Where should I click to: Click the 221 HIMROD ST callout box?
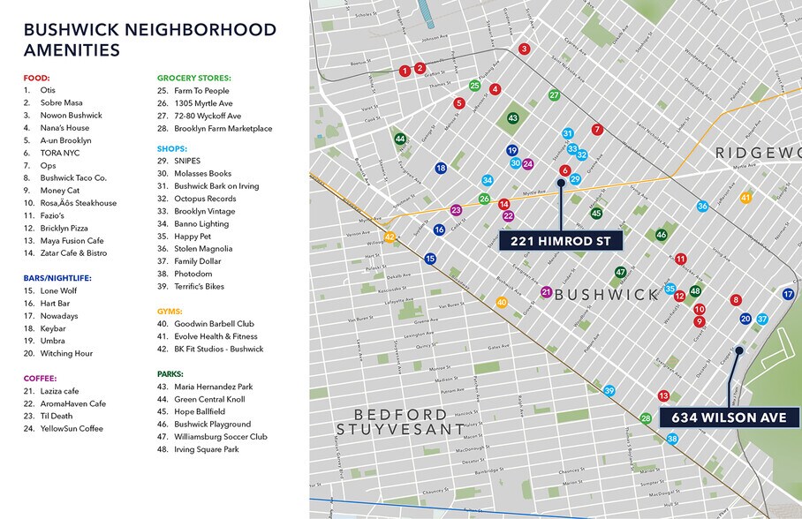click(x=560, y=241)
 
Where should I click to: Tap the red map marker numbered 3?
click(x=524, y=49)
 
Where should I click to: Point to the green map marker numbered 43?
click(x=512, y=118)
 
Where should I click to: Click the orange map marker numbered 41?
click(x=745, y=198)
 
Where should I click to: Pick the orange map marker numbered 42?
click(x=389, y=237)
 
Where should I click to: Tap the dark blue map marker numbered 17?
click(x=788, y=294)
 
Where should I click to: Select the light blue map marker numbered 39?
click(x=609, y=391)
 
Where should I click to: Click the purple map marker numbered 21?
click(x=546, y=292)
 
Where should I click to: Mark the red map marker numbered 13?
click(x=663, y=395)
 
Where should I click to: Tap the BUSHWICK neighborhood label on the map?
click(x=607, y=294)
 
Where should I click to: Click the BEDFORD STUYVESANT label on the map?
click(x=400, y=422)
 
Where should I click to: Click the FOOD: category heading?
click(x=36, y=78)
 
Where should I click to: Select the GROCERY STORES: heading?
click(x=193, y=78)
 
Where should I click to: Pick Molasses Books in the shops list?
click(x=202, y=174)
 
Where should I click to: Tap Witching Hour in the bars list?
click(x=66, y=354)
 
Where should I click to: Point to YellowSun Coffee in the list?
click(x=72, y=429)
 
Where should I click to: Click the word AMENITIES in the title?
click(x=72, y=50)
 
